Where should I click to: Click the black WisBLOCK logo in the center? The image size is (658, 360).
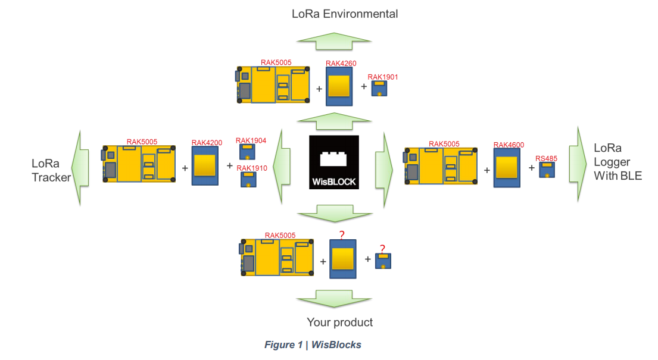click(333, 162)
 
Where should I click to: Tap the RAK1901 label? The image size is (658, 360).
click(382, 77)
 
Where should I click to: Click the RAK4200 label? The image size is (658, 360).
click(207, 143)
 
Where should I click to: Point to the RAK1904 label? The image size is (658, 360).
click(251, 141)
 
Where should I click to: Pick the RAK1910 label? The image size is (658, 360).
click(251, 168)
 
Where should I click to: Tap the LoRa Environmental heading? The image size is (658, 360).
click(345, 13)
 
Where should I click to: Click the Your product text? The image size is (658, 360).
click(339, 323)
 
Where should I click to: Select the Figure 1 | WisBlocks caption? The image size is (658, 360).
click(313, 345)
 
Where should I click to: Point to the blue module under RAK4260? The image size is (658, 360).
click(339, 87)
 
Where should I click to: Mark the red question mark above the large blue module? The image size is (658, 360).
click(342, 235)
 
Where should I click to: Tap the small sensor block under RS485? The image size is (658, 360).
click(547, 170)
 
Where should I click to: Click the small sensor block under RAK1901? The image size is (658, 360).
click(379, 89)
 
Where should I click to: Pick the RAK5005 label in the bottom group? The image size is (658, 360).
click(280, 236)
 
